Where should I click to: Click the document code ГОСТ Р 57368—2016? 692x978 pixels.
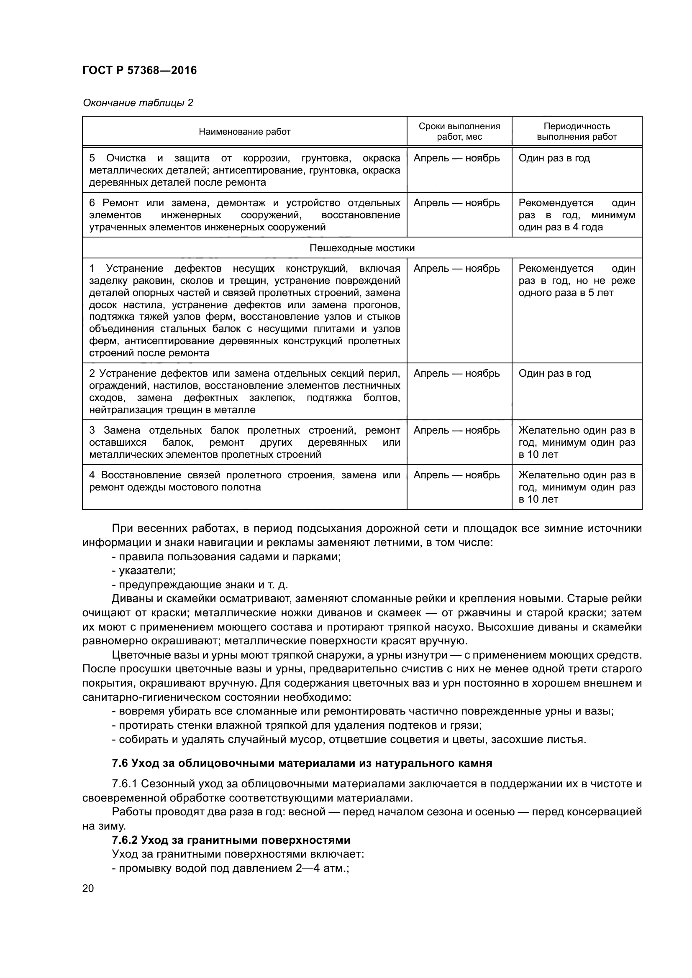coord(139,70)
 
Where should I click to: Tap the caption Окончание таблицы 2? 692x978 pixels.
coord(138,103)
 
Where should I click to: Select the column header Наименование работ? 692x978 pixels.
coord(244,132)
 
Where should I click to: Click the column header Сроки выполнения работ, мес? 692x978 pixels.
coord(459,131)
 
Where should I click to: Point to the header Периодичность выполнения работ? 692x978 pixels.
coord(577,131)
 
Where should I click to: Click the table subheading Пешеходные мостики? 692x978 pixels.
coord(362,248)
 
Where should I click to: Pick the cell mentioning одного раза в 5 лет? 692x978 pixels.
coord(566,293)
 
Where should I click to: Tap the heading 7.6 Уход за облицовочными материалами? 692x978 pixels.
coord(302,763)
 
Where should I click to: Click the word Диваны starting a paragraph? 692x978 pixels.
coord(129,598)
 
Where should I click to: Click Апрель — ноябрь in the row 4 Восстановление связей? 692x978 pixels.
coord(456,475)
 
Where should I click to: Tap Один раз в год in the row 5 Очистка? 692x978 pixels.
coord(554,158)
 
